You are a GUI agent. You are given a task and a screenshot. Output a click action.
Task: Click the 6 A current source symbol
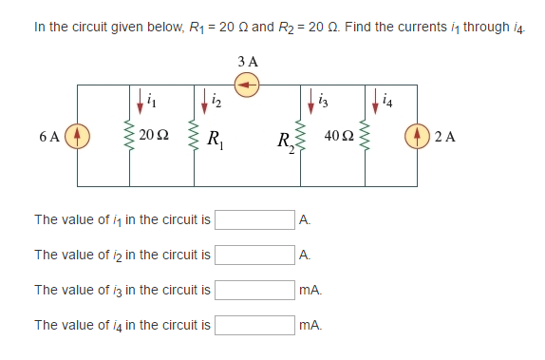coord(77,135)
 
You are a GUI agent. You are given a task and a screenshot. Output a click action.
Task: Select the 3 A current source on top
coord(248,85)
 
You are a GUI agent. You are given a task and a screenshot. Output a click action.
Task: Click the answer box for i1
coord(254,220)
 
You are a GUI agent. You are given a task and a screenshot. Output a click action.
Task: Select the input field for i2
coord(254,255)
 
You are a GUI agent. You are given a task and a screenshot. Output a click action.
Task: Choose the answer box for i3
coord(254,290)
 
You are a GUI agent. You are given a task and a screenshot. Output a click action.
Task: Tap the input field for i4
coord(254,325)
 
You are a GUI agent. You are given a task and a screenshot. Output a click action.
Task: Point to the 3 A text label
coord(248,62)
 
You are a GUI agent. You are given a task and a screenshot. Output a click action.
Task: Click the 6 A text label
coord(50,136)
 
